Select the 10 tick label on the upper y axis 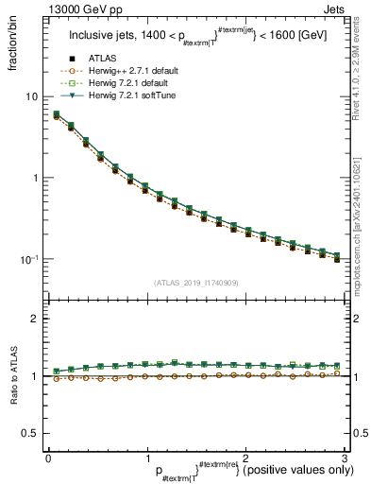(32, 96)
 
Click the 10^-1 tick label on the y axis (30, 259)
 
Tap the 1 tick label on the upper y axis (35, 178)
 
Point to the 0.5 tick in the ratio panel (30, 433)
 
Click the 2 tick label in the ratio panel (35, 320)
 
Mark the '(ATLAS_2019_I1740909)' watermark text (195, 283)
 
